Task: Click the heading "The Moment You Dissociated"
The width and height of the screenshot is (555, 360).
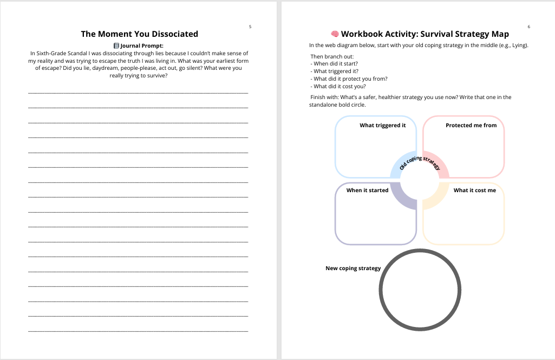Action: coord(139,34)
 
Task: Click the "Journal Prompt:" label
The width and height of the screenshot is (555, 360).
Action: coord(142,45)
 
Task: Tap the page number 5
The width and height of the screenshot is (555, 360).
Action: coord(250,27)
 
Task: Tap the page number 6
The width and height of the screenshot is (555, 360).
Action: coord(528,27)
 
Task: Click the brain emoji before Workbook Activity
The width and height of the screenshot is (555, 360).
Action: coord(335,34)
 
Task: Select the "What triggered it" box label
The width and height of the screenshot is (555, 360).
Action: coord(382,126)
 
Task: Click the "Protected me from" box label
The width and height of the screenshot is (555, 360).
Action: coord(471,126)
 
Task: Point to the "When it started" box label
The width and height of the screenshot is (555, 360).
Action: coord(367,191)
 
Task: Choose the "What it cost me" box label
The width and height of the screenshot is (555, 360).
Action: coord(474,191)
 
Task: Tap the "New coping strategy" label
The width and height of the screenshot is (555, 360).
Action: coord(352,269)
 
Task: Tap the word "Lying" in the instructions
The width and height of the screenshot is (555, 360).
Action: coord(519,45)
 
